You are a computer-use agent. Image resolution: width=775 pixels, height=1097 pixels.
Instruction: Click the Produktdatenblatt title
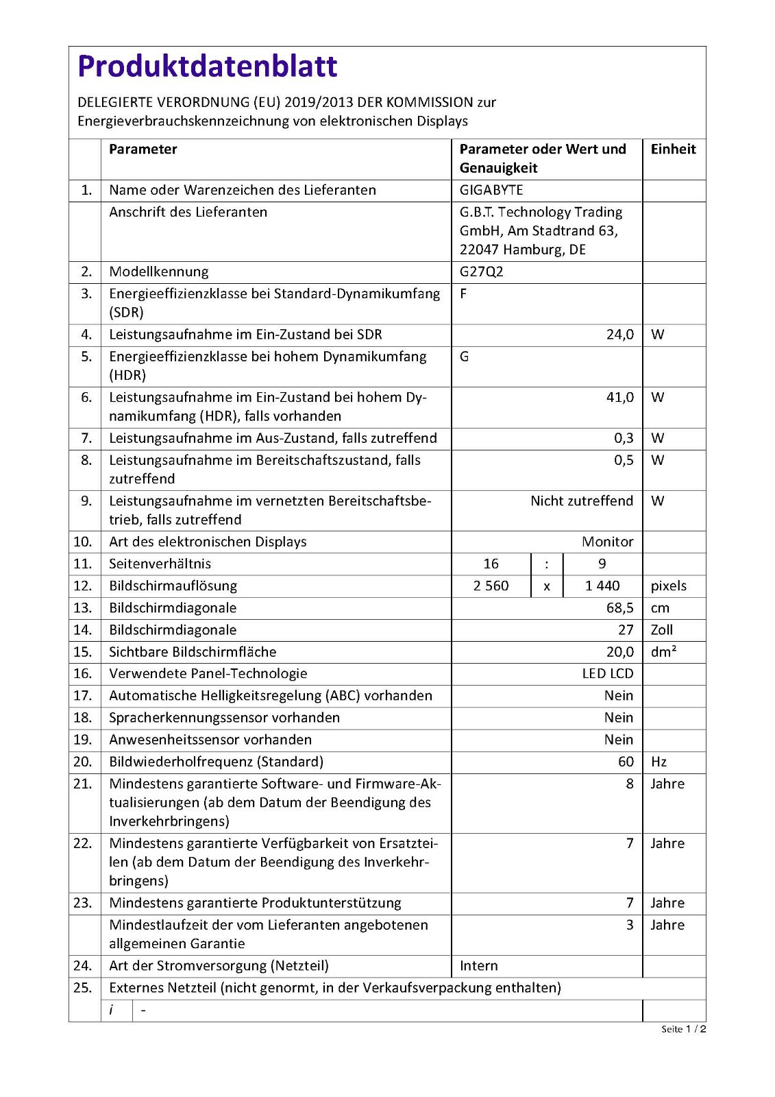pyautogui.click(x=208, y=67)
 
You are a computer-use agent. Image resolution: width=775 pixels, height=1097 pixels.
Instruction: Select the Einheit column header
pyautogui.click(x=673, y=149)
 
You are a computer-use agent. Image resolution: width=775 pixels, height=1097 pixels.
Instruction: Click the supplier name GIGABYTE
pyautogui.click(x=491, y=190)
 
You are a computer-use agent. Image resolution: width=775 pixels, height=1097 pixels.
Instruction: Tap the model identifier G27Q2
pyautogui.click(x=481, y=272)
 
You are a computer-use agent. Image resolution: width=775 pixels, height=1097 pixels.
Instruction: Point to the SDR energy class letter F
pyautogui.click(x=464, y=293)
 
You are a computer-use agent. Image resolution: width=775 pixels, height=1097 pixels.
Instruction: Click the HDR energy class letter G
pyautogui.click(x=465, y=357)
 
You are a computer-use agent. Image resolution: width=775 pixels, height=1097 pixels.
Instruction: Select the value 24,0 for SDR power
pyautogui.click(x=619, y=335)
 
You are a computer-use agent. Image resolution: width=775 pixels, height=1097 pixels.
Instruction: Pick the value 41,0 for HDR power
pyautogui.click(x=619, y=397)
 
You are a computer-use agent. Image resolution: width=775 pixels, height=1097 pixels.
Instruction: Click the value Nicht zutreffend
pyautogui.click(x=582, y=501)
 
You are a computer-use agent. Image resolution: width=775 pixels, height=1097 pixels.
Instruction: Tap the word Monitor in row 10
pyautogui.click(x=607, y=542)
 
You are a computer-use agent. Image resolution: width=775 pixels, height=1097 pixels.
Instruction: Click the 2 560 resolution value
pyautogui.click(x=491, y=586)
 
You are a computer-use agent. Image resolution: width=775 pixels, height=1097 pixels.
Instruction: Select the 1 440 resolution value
pyautogui.click(x=602, y=586)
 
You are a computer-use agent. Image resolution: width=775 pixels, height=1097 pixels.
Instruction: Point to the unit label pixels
pyautogui.click(x=668, y=586)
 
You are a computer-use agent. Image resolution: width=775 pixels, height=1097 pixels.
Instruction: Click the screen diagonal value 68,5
pyautogui.click(x=619, y=607)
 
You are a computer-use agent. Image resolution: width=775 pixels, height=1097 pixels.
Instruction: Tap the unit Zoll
pyautogui.click(x=662, y=629)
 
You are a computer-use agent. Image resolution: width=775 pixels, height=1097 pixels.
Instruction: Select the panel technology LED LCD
pyautogui.click(x=607, y=673)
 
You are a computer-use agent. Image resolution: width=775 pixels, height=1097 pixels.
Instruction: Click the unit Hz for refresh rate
pyautogui.click(x=659, y=762)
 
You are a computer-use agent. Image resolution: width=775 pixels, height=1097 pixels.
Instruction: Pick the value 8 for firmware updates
pyautogui.click(x=630, y=784)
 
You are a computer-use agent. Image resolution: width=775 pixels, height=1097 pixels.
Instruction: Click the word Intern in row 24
pyautogui.click(x=479, y=965)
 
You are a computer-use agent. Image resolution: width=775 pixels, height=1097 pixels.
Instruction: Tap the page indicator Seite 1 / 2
pyautogui.click(x=683, y=1029)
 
